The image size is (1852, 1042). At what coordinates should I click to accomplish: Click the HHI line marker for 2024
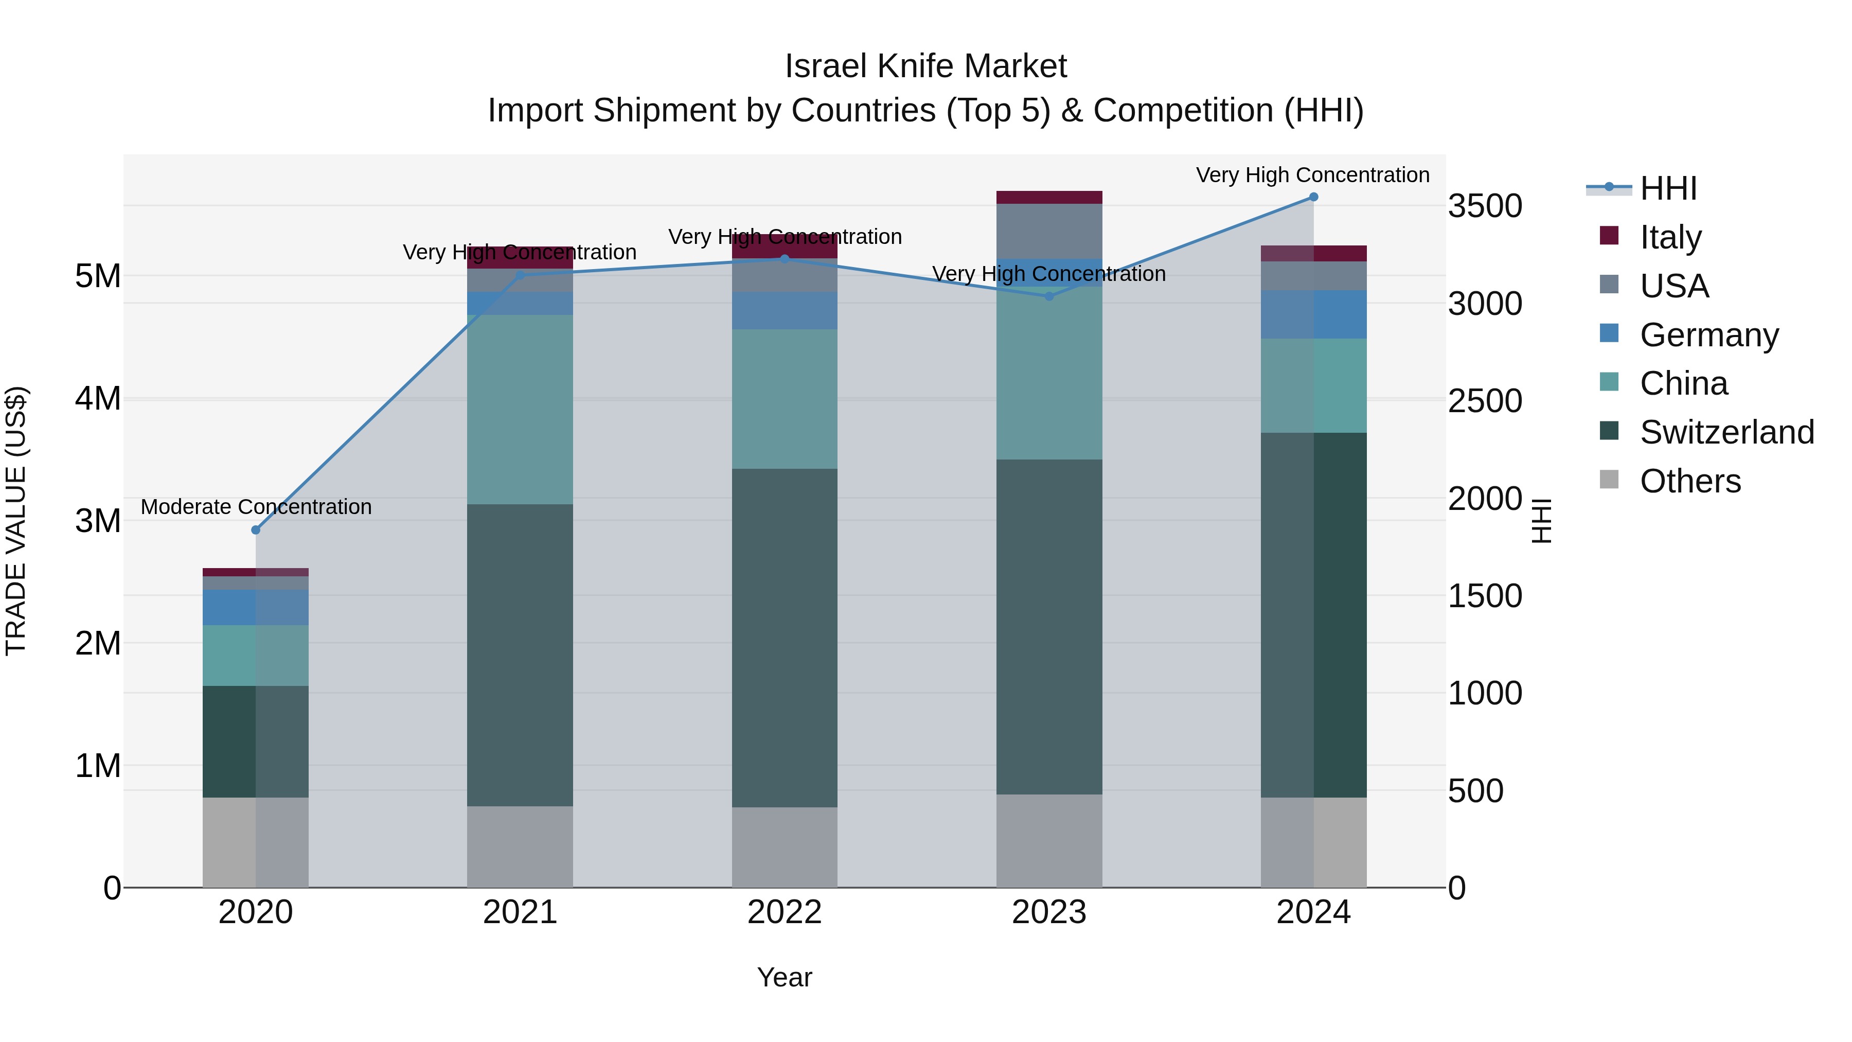coord(1313,197)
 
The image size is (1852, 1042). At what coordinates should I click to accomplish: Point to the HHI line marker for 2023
coord(1048,296)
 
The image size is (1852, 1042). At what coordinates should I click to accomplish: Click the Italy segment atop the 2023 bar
coord(1048,197)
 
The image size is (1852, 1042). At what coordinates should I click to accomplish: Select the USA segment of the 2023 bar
coord(1048,231)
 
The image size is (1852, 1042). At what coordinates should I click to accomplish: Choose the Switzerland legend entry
coord(1726,432)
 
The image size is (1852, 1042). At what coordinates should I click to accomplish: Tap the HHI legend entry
coord(1668,188)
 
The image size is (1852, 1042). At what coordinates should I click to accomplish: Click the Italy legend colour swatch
coord(1609,236)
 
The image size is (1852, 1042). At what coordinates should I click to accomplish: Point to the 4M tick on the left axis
coord(98,398)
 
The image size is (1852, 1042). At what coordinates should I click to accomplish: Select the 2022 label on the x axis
coord(785,912)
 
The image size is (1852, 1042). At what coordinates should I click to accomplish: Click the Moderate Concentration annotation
coord(256,507)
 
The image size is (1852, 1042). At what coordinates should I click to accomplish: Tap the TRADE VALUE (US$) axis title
coord(16,521)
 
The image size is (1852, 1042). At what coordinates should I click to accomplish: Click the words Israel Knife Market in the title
coord(925,66)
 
